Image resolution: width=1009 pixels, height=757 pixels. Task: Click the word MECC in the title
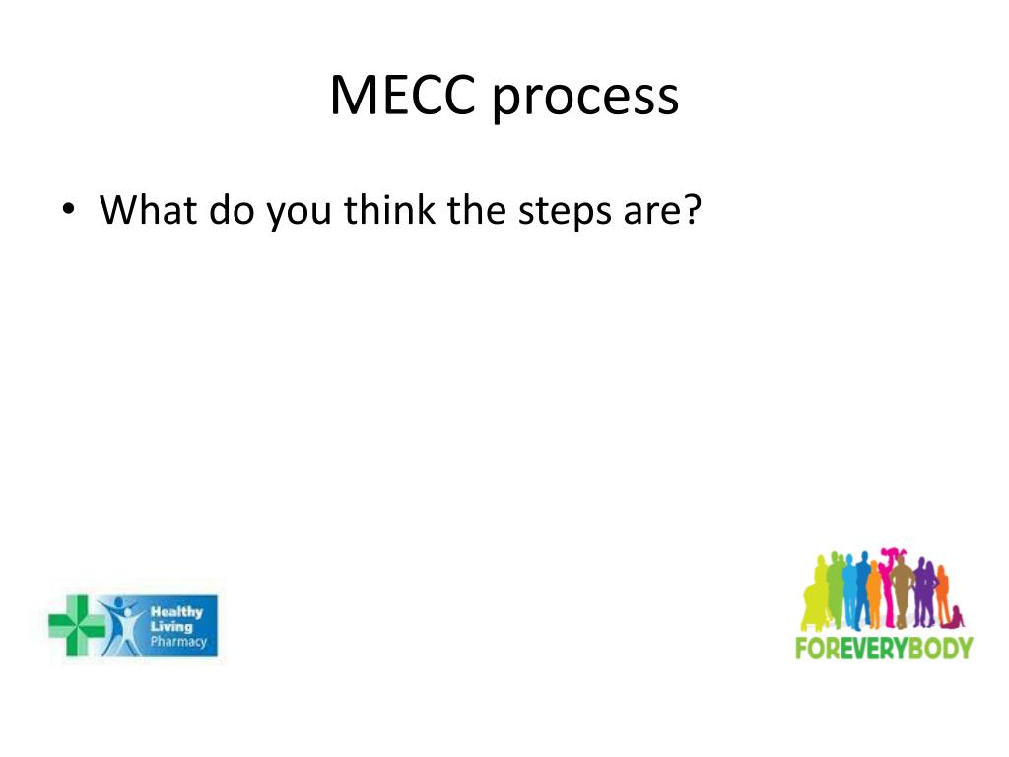403,97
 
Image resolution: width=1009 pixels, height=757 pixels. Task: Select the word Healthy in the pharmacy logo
176,611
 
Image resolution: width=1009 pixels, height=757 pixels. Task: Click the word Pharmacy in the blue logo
178,643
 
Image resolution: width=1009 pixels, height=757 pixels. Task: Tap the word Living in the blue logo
171,627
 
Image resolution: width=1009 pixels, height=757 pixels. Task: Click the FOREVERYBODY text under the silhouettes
883,648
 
